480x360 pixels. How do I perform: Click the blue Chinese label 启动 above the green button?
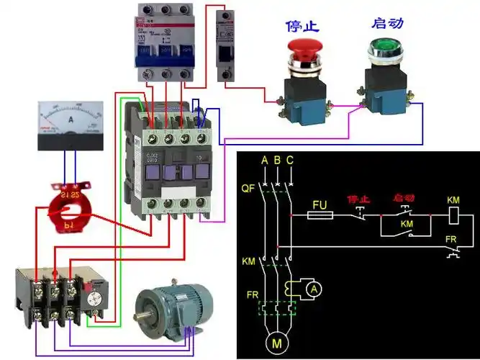[386, 23]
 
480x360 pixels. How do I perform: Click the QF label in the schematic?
[247, 188]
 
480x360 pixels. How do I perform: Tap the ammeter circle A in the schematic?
[313, 289]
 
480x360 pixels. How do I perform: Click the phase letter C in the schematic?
[289, 160]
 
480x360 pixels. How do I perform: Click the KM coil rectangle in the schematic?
[454, 215]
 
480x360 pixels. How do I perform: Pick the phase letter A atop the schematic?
[264, 160]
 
